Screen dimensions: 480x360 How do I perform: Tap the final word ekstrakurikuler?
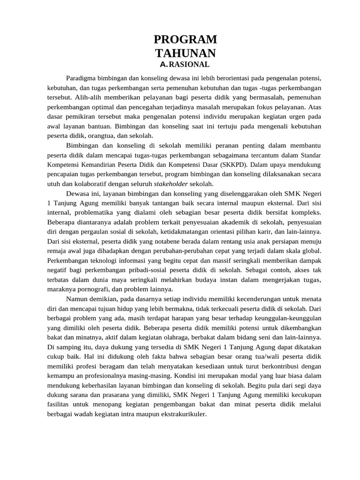184,414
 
